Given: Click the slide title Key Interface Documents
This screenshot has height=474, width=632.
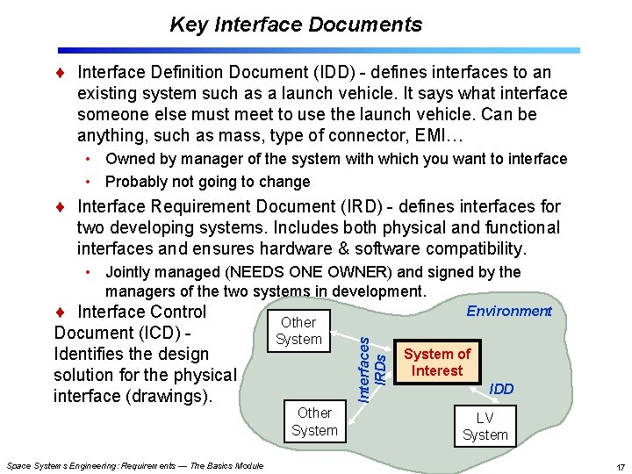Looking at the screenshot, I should point(296,25).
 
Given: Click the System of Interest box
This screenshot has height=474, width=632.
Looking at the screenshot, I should point(436,362).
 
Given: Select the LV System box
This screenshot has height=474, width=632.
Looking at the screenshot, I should point(485,427).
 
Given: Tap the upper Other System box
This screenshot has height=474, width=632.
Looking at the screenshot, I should point(298,331).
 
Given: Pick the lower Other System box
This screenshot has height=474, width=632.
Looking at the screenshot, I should point(314,421).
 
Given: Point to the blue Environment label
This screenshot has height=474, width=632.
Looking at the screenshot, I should point(508,311).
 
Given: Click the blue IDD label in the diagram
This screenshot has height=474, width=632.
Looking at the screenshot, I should point(501,389).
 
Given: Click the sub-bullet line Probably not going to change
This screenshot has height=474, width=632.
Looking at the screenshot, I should point(207,182).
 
